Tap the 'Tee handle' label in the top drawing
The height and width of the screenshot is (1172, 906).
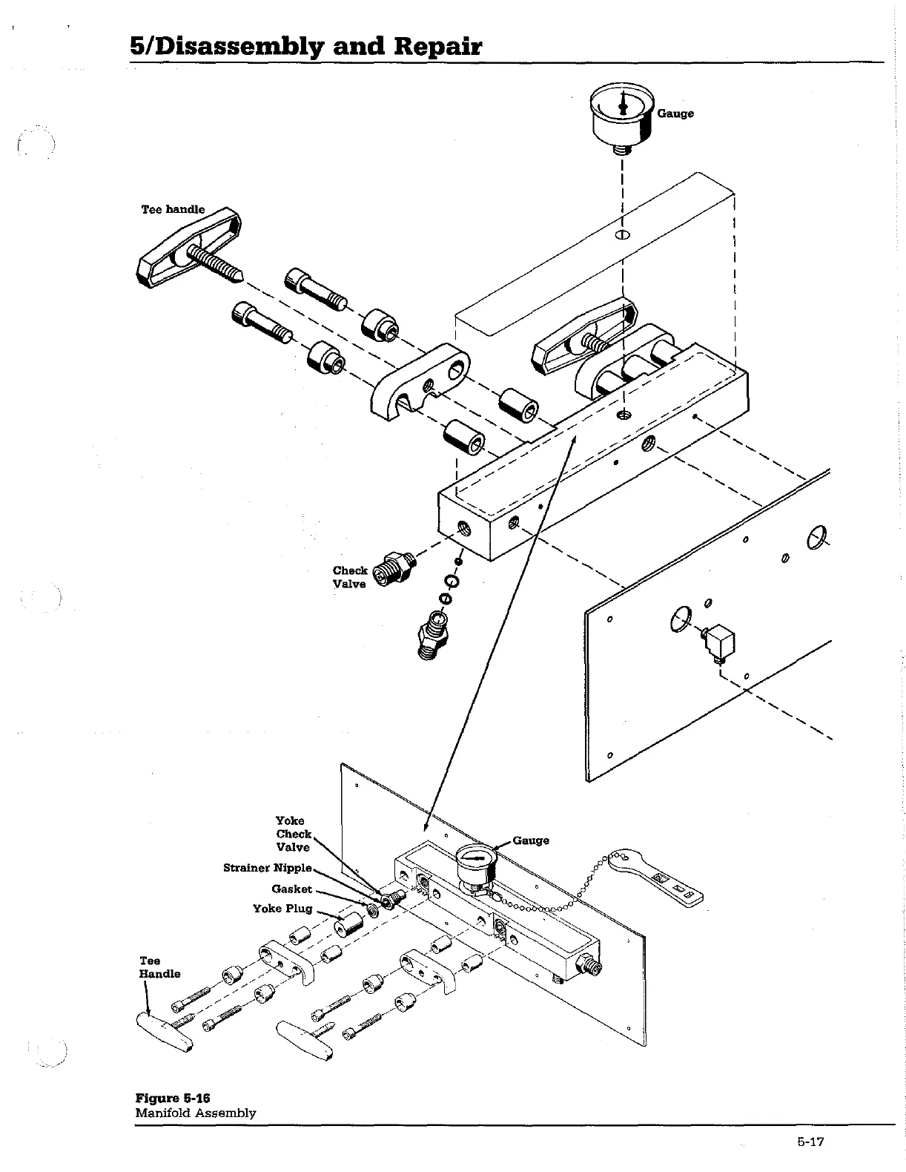[x=173, y=209]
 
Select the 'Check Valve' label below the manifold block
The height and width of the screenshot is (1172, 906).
[x=349, y=577]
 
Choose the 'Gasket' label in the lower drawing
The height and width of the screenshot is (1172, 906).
[x=291, y=889]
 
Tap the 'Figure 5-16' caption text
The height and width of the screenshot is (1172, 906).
[x=167, y=1098]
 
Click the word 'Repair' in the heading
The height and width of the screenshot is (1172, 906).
[x=437, y=47]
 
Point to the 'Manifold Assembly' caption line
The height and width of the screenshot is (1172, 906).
[x=195, y=1113]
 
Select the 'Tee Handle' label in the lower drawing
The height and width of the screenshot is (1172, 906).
[x=159, y=967]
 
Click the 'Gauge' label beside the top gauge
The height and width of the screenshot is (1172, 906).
[x=675, y=113]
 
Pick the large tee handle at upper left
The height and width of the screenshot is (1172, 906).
[x=189, y=248]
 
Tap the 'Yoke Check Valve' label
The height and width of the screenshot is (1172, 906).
[x=293, y=834]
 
